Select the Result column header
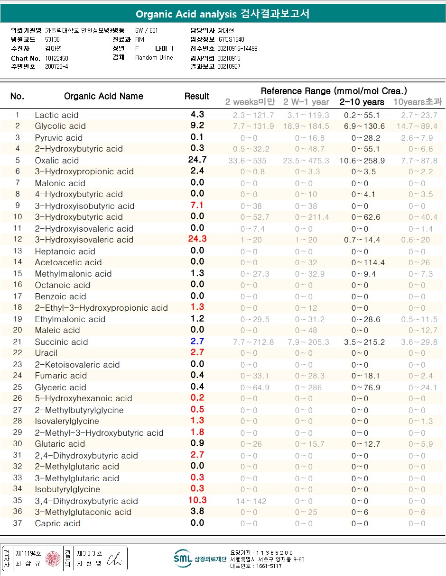[x=197, y=96]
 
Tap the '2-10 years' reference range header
[x=362, y=102]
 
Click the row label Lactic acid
[x=56, y=115]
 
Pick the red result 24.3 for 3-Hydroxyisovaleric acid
[x=197, y=239]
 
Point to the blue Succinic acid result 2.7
[x=197, y=342]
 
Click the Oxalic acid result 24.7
[x=197, y=160]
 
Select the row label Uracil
[x=46, y=353]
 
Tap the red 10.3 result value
[x=197, y=500]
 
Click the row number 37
[x=18, y=523]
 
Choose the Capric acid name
[x=57, y=523]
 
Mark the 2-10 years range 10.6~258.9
[x=362, y=161]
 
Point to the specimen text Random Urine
[x=154, y=58]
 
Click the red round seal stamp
[x=53, y=559]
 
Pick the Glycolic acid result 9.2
[x=197, y=126]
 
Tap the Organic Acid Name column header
[x=103, y=96]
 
